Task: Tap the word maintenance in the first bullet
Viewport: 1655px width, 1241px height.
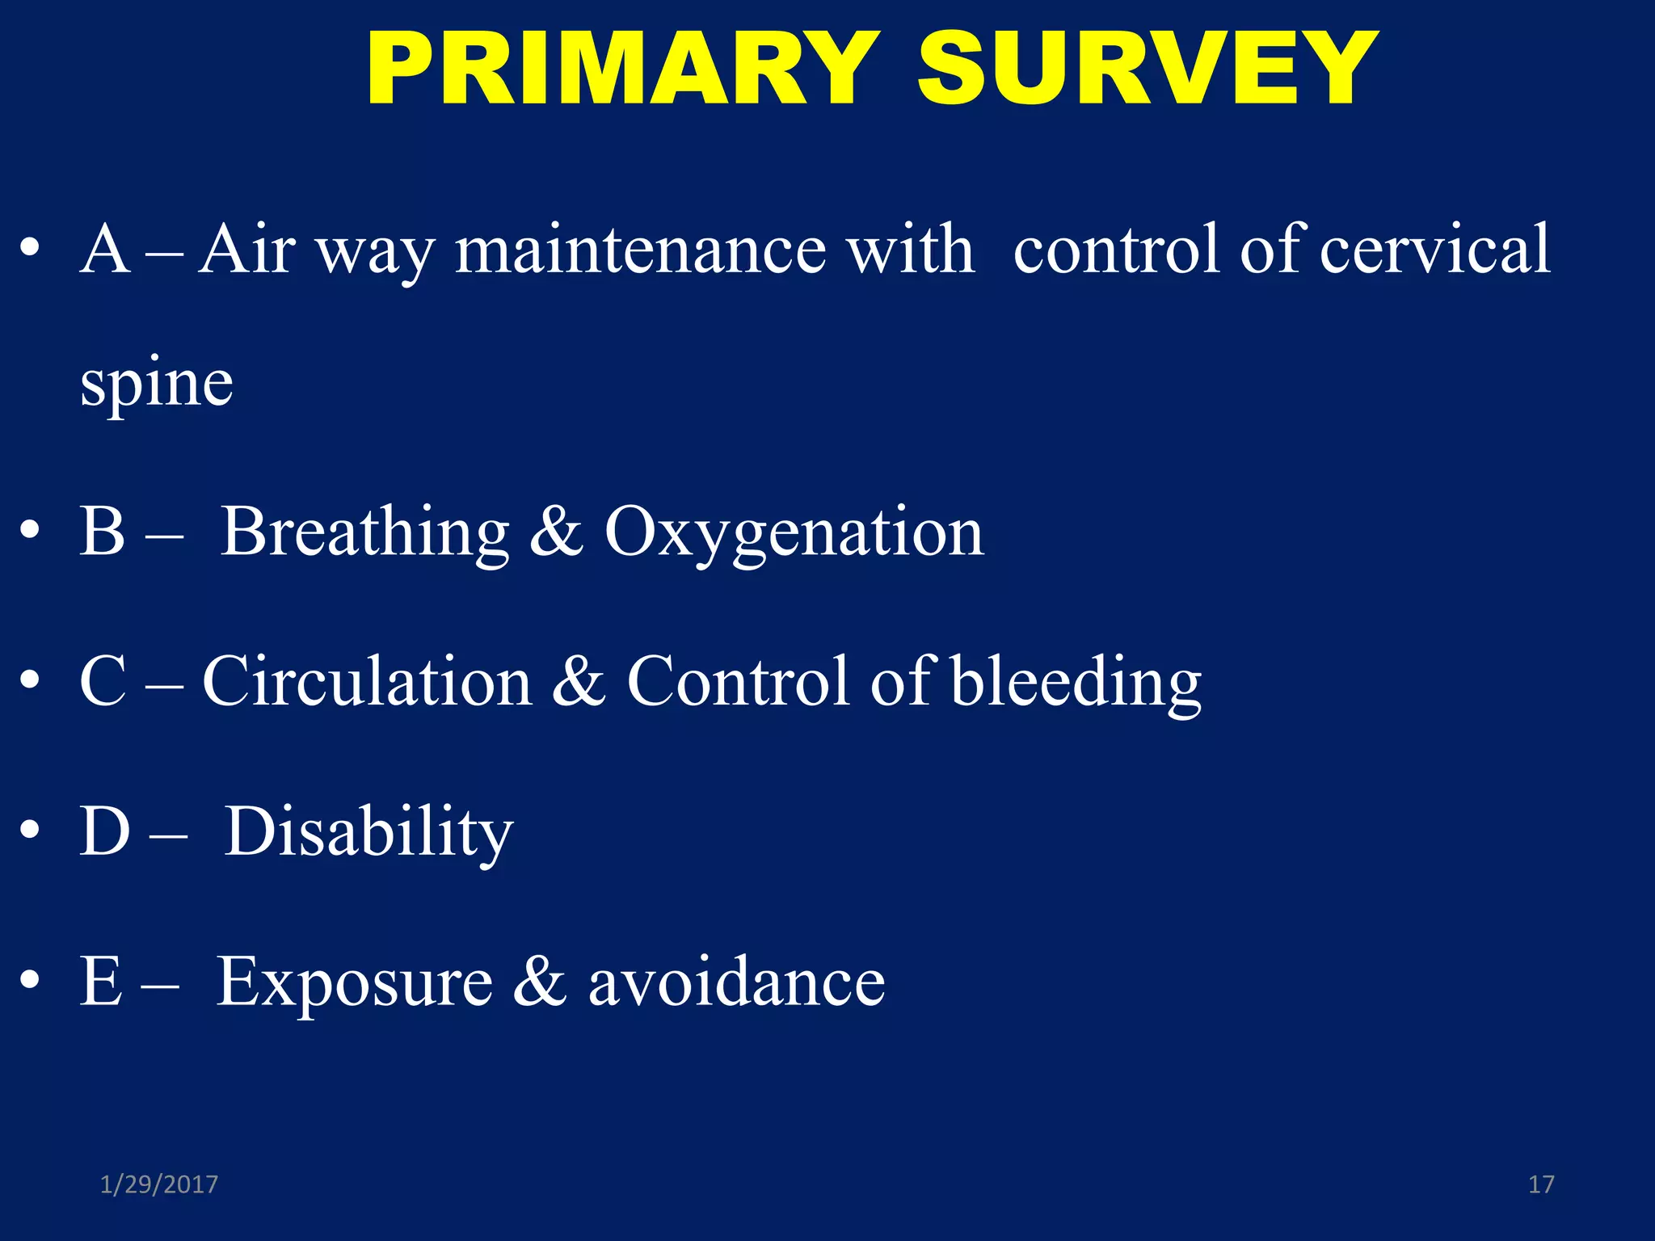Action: pyautogui.click(x=640, y=250)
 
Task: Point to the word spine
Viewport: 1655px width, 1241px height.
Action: pyautogui.click(x=157, y=384)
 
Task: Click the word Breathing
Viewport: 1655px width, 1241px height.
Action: pyautogui.click(x=364, y=532)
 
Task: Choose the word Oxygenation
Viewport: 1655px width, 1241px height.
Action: pyautogui.click(x=794, y=534)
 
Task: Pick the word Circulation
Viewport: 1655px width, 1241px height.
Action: pyautogui.click(x=367, y=682)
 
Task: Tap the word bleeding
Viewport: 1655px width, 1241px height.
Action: pyautogui.click(x=1076, y=684)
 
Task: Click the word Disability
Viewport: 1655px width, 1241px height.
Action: pyautogui.click(x=368, y=833)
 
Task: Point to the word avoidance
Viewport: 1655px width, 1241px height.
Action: pyautogui.click(x=736, y=983)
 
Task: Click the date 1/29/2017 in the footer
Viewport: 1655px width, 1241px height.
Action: pyautogui.click(x=159, y=1184)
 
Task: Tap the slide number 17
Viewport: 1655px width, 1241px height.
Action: pyautogui.click(x=1541, y=1184)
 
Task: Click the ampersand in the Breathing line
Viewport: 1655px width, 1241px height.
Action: pyautogui.click(x=556, y=532)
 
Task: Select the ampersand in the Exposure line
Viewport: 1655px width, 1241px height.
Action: pyautogui.click(x=540, y=983)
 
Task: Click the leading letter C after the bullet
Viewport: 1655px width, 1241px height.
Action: pyautogui.click(x=103, y=682)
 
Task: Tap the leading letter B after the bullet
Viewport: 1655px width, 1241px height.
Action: pyautogui.click(x=103, y=532)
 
